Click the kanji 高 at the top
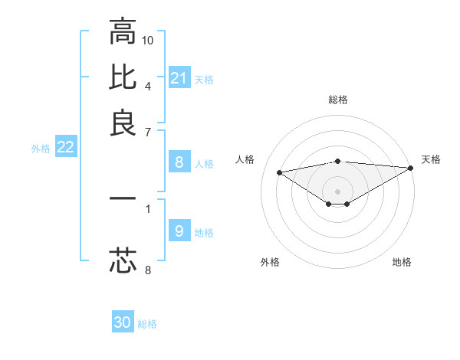pos(123,31)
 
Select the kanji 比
pos(123,77)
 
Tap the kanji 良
pos(123,122)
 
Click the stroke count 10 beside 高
pos(148,39)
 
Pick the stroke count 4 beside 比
pos(148,84)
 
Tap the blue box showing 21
pos(179,78)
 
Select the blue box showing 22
pos(65,148)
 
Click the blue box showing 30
pos(123,322)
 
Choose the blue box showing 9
pos(179,231)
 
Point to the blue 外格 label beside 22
pos(40,149)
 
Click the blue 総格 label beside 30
pos(147,324)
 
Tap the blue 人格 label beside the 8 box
pos(204,163)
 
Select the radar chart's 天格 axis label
pos(431,159)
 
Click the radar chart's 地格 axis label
pos(402,262)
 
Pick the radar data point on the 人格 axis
pos(280,172)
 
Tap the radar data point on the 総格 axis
pos(338,161)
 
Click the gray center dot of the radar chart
pos(338,191)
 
